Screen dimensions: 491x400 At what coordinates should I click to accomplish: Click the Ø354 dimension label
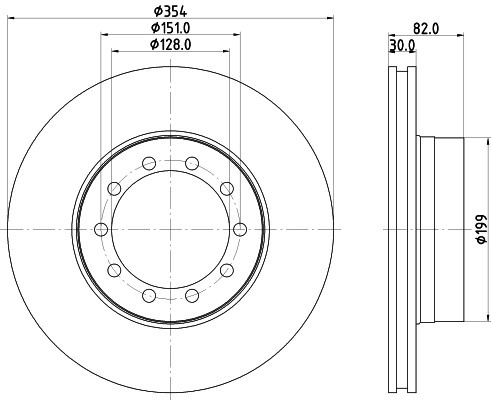[x=170, y=11]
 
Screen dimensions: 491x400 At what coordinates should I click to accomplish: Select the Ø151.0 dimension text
[x=171, y=28]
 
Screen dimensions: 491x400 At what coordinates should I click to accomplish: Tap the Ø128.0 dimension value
[x=171, y=44]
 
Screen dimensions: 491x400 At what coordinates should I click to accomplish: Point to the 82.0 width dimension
[x=426, y=29]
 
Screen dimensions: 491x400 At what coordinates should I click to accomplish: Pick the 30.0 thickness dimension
[x=402, y=45]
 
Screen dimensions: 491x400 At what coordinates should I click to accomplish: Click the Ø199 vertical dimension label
[x=482, y=229]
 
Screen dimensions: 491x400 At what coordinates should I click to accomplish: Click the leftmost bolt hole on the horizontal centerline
[x=101, y=229]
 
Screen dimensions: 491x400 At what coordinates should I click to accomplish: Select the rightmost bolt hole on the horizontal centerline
[x=240, y=229]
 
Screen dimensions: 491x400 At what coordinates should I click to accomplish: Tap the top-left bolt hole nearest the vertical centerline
[x=149, y=163]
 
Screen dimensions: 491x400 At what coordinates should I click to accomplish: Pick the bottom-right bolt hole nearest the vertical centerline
[x=192, y=295]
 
